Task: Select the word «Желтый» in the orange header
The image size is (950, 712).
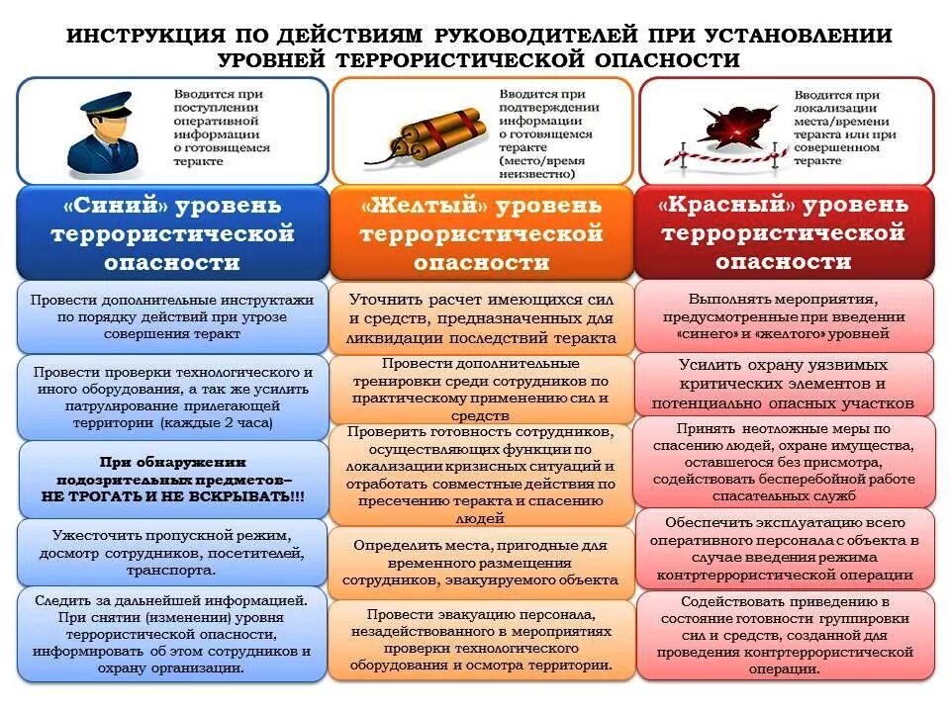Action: point(426,207)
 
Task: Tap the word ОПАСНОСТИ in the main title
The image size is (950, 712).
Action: point(668,59)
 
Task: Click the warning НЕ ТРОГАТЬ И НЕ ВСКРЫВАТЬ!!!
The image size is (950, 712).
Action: point(173,494)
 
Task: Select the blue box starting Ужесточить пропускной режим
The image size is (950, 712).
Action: point(172,553)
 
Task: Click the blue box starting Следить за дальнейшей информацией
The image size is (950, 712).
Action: point(172,634)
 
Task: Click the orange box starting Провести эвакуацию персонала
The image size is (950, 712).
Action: point(481,640)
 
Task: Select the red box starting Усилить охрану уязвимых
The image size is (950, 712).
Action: point(783,384)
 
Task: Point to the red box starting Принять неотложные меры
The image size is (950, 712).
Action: point(783,460)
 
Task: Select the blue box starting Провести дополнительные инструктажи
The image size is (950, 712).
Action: point(172,315)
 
